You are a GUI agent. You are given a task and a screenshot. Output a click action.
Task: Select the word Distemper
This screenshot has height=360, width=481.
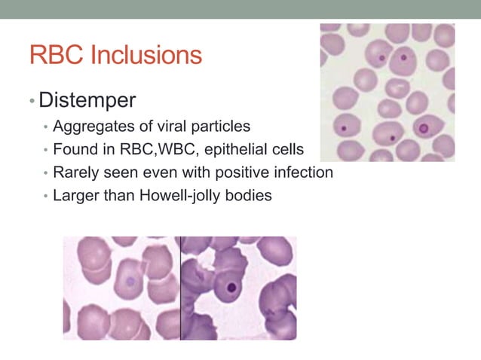87,99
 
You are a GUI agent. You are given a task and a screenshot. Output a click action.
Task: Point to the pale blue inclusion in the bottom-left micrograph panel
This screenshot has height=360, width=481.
130,282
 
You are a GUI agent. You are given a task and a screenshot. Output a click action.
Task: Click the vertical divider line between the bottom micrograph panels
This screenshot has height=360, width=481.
180,288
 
